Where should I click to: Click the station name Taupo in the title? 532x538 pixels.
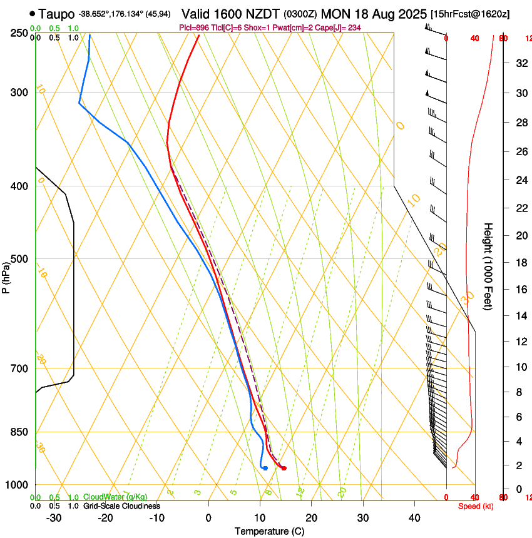[x=56, y=13]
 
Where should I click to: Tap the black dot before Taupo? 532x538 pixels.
[x=32, y=13]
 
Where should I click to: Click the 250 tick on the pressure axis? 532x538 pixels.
[x=19, y=33]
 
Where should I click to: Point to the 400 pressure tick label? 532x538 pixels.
[x=19, y=186]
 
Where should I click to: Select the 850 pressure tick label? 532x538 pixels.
[x=19, y=432]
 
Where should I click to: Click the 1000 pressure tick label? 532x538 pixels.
[x=17, y=485]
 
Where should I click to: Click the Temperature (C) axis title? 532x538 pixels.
[x=269, y=531]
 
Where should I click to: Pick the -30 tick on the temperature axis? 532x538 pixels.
[x=54, y=517]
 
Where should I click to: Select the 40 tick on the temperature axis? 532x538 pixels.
[x=414, y=517]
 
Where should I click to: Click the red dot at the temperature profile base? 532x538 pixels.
[x=284, y=468]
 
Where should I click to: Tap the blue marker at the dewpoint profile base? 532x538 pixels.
[x=265, y=468]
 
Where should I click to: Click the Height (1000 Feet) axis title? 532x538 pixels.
[x=489, y=266]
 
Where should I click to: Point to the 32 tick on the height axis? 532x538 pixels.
[x=519, y=63]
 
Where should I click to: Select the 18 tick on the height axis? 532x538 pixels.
[x=519, y=263]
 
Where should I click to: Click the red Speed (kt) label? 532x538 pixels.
[x=476, y=506]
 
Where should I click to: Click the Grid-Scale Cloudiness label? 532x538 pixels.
[x=121, y=506]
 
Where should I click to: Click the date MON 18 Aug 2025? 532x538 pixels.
[x=374, y=13]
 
